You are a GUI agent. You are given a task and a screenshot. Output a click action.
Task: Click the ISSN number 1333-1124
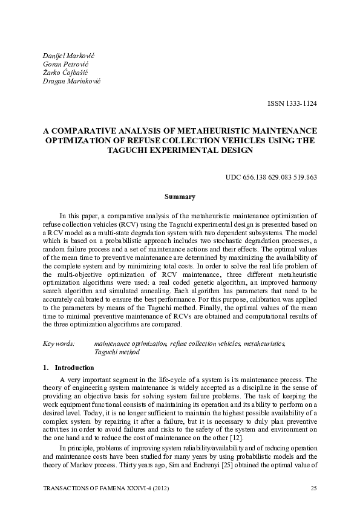pyautogui.click(x=292, y=103)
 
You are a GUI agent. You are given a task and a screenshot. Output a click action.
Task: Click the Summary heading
pyautogui.click(x=180, y=196)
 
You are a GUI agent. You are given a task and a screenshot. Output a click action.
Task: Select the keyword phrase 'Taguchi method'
pyautogui.click(x=117, y=351)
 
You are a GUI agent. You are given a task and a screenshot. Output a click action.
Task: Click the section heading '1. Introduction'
pyautogui.click(x=68, y=367)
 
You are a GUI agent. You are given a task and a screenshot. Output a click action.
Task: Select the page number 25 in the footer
pyautogui.click(x=313, y=487)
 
